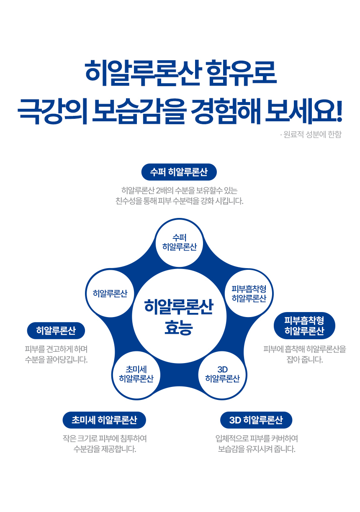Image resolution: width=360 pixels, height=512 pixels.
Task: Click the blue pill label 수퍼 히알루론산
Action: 179,172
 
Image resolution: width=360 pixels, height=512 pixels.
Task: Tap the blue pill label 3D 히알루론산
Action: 256,420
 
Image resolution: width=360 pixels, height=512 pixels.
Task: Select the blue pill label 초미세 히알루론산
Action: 104,420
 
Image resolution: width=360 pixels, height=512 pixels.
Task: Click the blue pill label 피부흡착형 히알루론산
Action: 304,326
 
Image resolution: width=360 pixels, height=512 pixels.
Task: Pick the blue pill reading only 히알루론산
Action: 56,331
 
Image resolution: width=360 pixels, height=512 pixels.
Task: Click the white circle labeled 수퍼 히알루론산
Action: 180,243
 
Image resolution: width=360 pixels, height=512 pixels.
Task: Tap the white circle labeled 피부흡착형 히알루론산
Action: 249,294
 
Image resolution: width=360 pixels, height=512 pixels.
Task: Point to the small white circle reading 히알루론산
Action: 110,293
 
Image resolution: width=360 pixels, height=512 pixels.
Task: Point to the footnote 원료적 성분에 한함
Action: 310,135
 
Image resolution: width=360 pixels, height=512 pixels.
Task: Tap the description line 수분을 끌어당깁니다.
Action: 56,360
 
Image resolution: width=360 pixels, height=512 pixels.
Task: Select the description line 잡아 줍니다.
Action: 305,360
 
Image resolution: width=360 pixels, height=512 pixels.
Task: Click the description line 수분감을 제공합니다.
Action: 105,450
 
